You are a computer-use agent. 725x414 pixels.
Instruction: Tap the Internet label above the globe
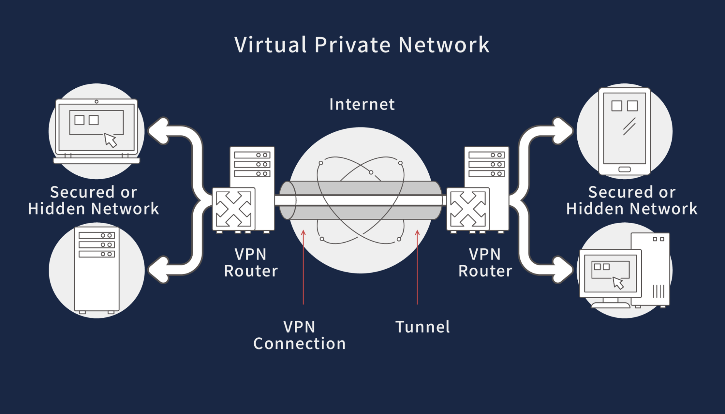click(362, 104)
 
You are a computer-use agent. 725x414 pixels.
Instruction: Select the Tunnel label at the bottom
click(422, 327)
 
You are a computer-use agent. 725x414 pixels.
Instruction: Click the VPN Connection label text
click(299, 335)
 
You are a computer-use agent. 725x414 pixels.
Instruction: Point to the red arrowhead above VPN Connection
click(303, 233)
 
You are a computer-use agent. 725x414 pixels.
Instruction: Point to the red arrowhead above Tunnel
click(417, 233)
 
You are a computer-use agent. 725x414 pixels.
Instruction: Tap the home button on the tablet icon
click(624, 169)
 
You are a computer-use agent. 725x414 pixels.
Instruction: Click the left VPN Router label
click(251, 263)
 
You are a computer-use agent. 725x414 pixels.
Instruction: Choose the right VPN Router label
click(485, 263)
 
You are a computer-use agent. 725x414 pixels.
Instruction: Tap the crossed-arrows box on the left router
click(234, 209)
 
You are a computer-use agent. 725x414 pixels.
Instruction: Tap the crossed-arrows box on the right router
click(468, 209)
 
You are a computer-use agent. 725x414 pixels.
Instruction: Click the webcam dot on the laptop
click(96, 102)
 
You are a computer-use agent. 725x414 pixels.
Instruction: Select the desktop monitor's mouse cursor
click(618, 283)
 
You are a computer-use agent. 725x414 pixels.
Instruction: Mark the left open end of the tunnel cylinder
click(288, 200)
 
